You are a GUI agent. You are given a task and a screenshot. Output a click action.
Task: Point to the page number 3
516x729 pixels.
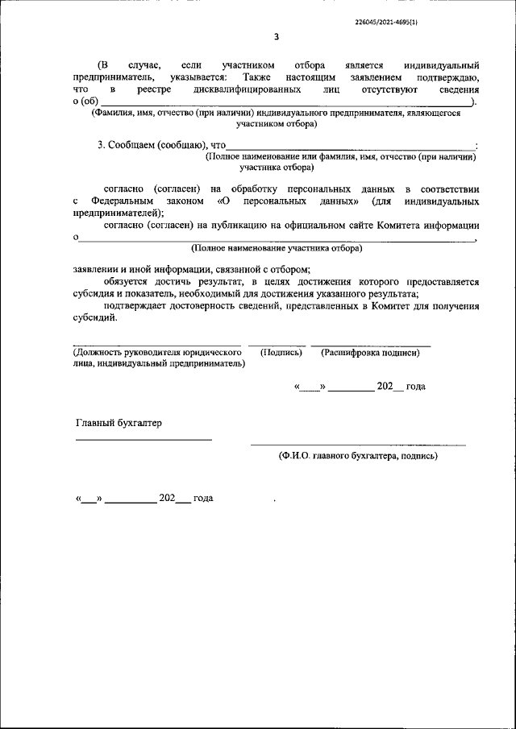pos(277,37)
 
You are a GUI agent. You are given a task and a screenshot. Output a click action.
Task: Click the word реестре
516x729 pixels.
pos(151,90)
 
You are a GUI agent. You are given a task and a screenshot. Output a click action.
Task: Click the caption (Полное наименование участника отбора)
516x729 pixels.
pos(277,250)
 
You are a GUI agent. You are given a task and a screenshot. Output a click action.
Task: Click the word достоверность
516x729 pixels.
pos(213,306)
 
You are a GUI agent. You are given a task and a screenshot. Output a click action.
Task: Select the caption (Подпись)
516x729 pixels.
pos(281,353)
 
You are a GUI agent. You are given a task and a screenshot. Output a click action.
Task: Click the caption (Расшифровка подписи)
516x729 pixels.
pos(371,353)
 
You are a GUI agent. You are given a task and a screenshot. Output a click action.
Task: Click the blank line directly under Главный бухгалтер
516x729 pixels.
pos(144,440)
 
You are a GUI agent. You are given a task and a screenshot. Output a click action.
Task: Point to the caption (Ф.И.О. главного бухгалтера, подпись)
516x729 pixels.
pos(358,455)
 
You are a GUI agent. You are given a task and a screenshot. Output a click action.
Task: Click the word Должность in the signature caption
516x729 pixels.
pos(100,353)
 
